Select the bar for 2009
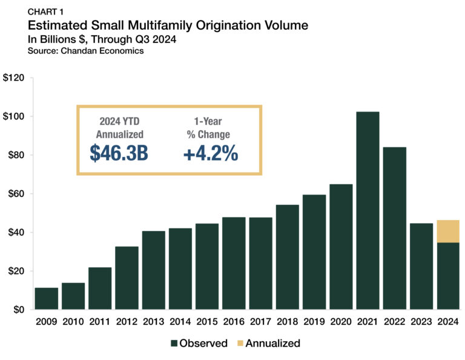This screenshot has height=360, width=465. [x=47, y=298]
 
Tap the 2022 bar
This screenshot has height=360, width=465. [x=394, y=228]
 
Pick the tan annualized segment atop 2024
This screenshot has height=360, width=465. [x=447, y=231]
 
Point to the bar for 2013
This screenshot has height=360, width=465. [x=154, y=270]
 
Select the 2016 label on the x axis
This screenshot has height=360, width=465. [x=234, y=322]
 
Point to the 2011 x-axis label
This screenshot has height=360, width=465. [x=100, y=322]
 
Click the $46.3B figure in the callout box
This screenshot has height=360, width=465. [x=119, y=153]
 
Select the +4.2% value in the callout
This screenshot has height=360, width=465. [x=210, y=153]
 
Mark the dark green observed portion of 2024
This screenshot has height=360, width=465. [x=447, y=276]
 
